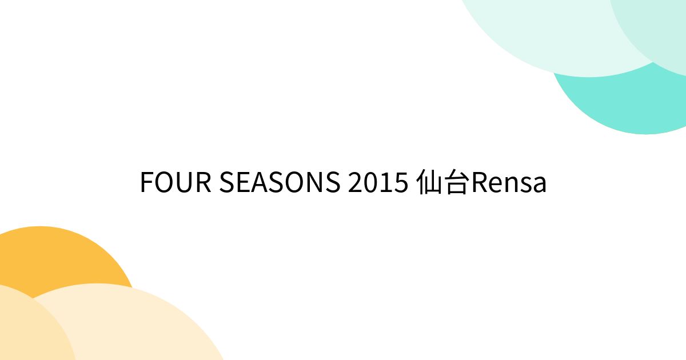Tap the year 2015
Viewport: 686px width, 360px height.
[x=378, y=183]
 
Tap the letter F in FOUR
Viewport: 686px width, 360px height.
[x=146, y=183]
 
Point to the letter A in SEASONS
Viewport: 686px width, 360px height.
[x=256, y=183]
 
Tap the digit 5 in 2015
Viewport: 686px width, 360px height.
[x=400, y=183]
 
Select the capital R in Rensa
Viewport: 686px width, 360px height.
[x=477, y=183]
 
